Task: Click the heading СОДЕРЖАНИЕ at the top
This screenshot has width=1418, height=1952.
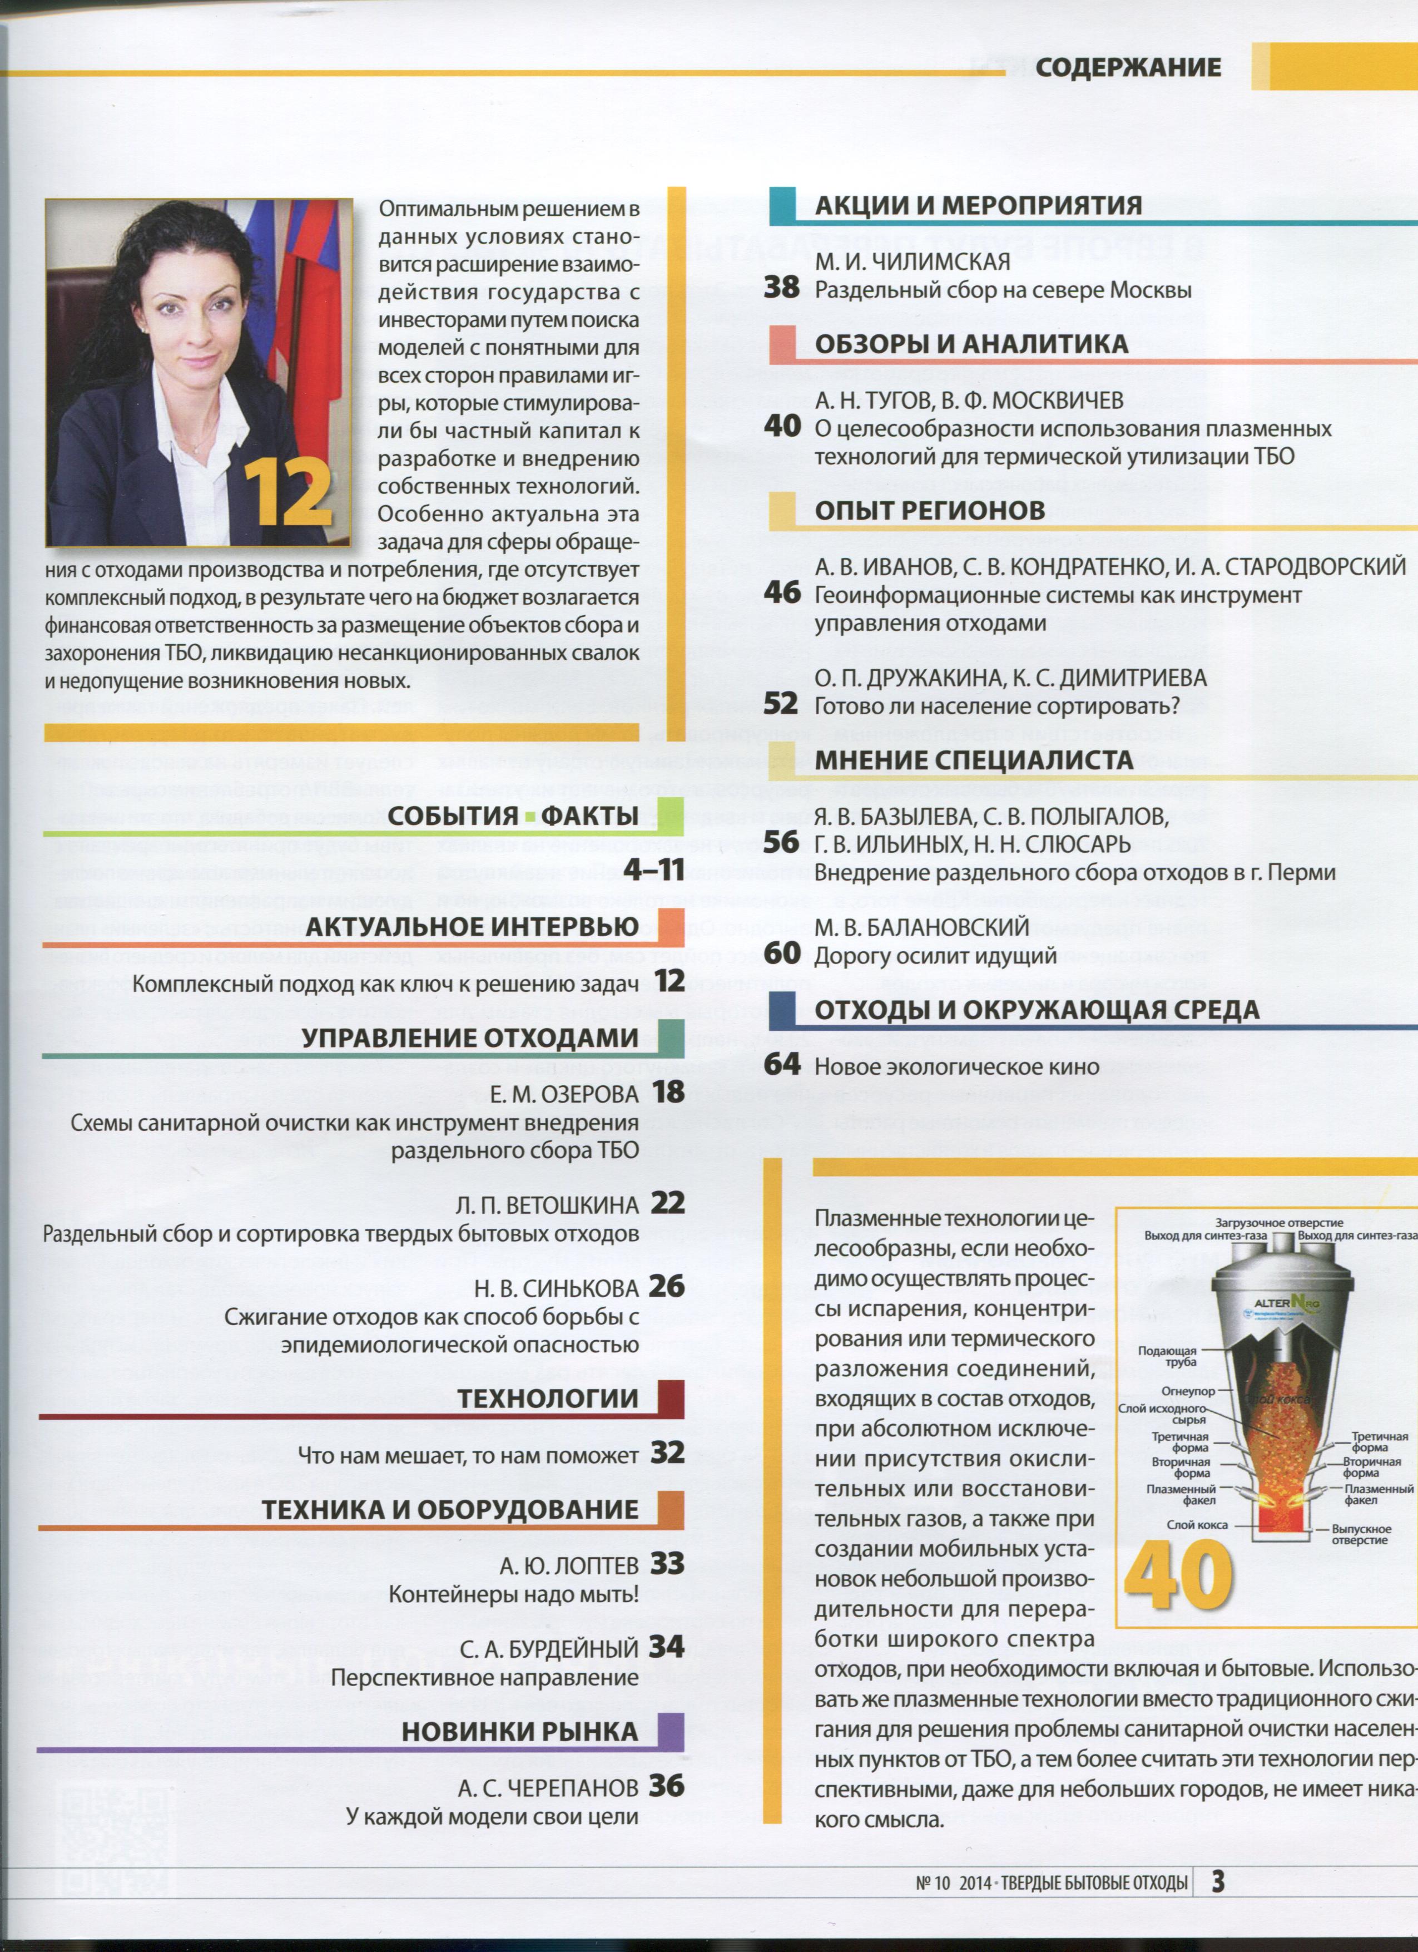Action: (1127, 68)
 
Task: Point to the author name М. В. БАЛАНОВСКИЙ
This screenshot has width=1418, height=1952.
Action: (921, 927)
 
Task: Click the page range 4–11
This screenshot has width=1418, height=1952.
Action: (654, 870)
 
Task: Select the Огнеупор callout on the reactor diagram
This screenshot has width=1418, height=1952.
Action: (1188, 1391)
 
